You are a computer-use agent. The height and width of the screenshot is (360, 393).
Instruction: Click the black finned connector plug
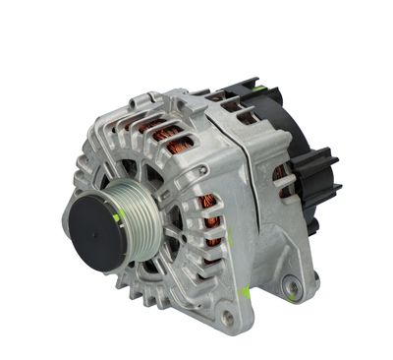[x=316, y=182]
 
